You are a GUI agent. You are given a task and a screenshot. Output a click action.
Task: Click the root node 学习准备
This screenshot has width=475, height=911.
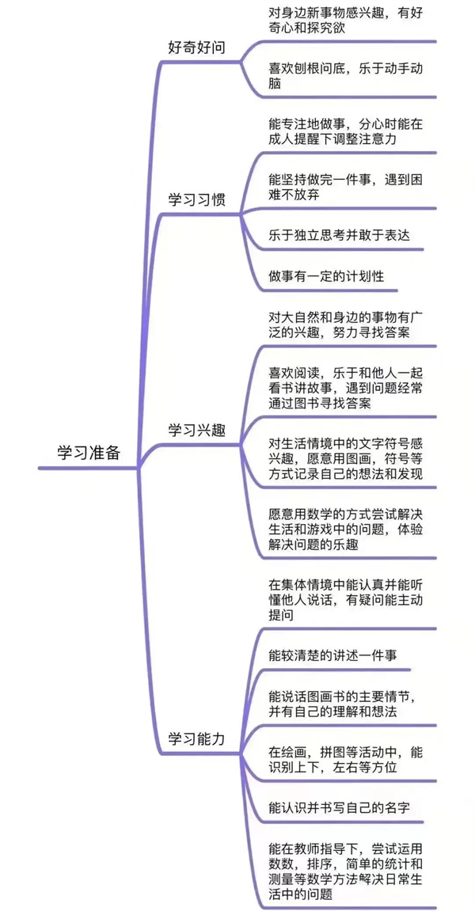[89, 453]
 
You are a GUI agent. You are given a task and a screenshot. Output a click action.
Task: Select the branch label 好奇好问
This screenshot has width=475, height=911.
[196, 49]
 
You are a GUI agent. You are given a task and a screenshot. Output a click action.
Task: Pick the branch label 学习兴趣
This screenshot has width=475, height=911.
[196, 431]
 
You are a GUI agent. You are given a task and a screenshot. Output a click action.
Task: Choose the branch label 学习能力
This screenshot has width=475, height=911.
[196, 738]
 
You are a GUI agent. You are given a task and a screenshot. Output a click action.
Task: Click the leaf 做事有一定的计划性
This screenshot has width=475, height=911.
[326, 276]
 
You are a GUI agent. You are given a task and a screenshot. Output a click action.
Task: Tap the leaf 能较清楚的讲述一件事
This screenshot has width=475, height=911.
[333, 655]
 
